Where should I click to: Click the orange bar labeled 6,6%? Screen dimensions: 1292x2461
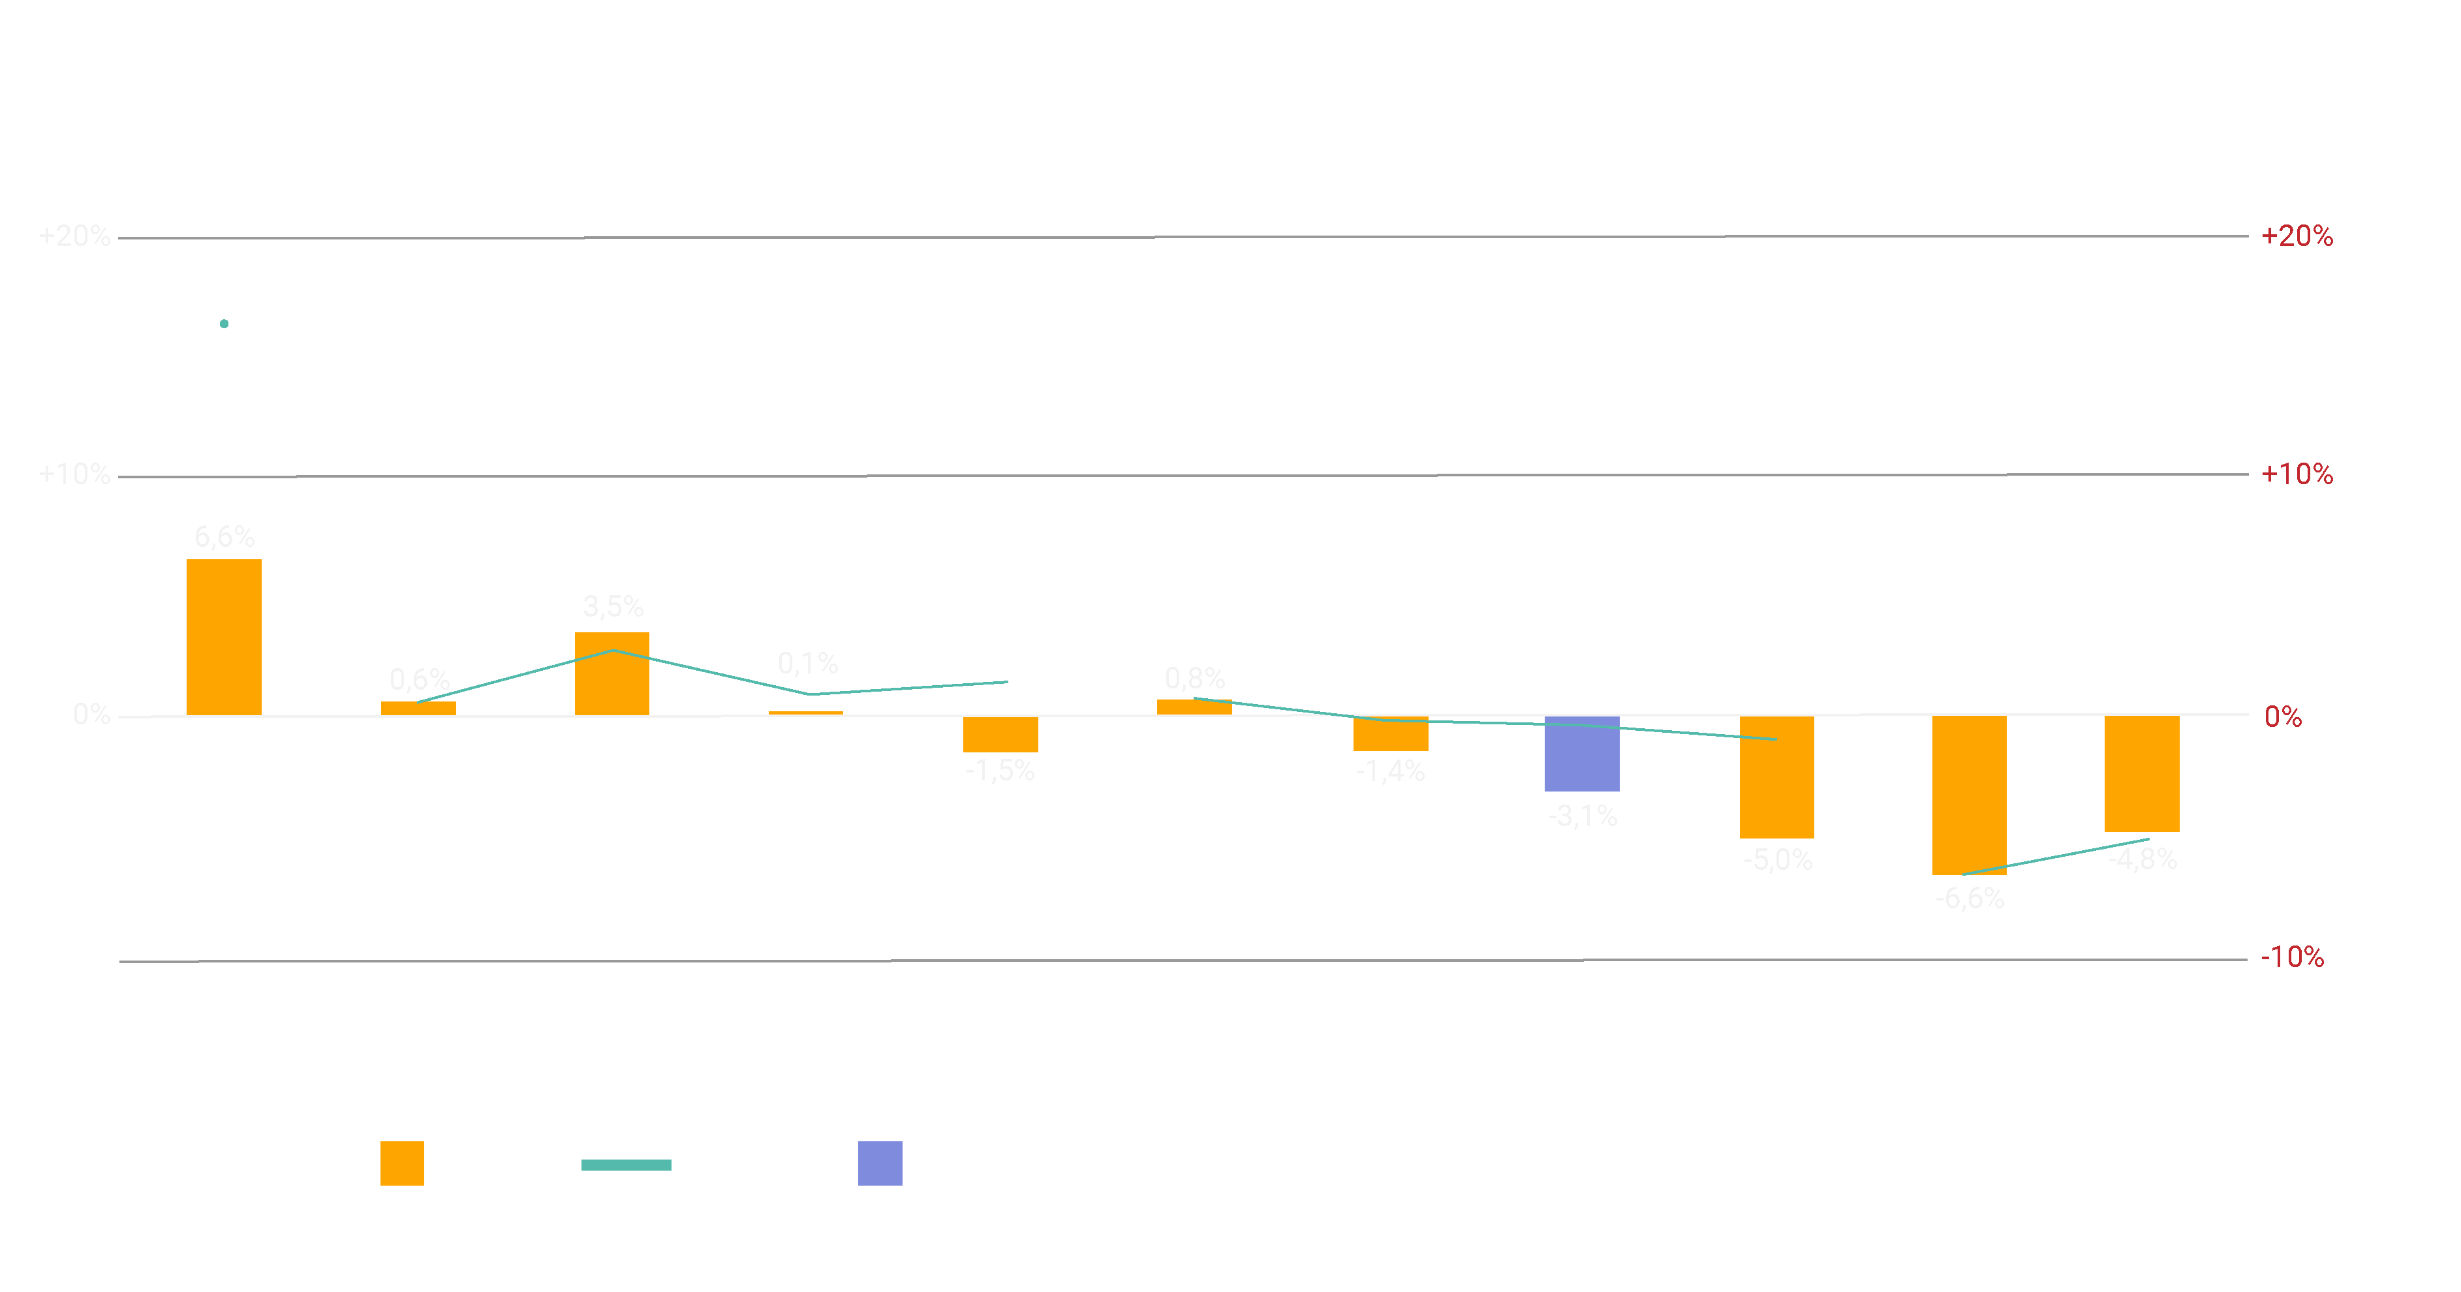point(224,636)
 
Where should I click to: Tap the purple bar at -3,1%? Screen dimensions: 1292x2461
point(1581,754)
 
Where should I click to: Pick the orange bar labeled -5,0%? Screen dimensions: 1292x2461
point(1776,777)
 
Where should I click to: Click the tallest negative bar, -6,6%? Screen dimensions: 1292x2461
point(1969,795)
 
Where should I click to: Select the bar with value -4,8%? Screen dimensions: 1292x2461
point(2142,773)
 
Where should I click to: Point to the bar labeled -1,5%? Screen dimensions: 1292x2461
point(1000,733)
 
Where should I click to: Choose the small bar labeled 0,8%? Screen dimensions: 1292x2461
point(1194,707)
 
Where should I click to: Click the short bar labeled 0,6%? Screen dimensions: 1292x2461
point(418,707)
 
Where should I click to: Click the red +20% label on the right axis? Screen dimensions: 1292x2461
point(2297,236)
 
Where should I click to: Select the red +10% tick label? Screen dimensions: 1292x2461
point(2297,474)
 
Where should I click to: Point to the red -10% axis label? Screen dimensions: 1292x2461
point(2292,957)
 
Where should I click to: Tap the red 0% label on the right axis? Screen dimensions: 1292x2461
point(2282,716)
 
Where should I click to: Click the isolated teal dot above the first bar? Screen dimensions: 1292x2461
point(224,324)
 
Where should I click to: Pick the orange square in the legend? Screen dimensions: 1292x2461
point(402,1163)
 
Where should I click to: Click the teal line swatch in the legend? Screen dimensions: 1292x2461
point(626,1164)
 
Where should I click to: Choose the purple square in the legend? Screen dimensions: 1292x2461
point(880,1163)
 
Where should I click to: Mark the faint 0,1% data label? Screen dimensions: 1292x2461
point(807,663)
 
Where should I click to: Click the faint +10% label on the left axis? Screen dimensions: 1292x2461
point(74,474)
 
